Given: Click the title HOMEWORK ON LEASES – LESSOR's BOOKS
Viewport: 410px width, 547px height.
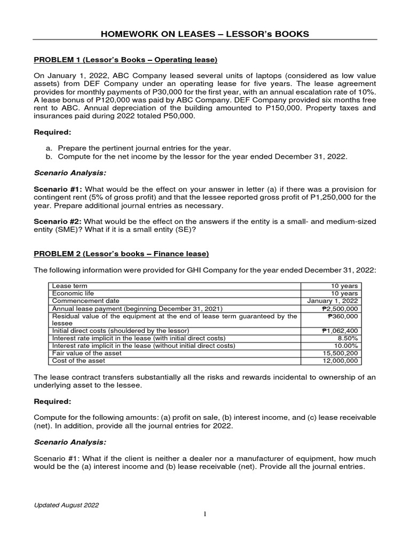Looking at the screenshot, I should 205,34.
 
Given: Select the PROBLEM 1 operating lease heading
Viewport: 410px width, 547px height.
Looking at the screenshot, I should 125,59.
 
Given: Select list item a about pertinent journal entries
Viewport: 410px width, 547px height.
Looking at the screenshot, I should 144,148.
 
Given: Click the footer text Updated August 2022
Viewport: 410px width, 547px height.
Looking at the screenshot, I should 66,505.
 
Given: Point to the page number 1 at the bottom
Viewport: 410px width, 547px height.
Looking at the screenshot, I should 205,514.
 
